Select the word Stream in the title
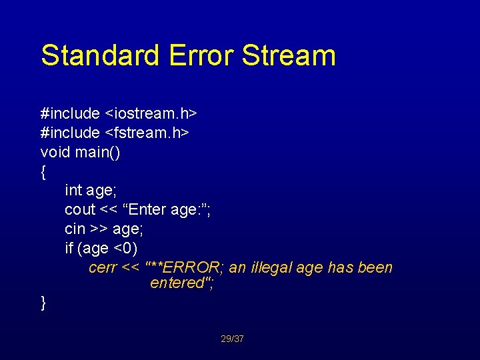point(289,55)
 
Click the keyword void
point(55,152)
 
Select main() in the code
point(97,152)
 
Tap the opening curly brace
point(43,172)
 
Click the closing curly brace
point(43,302)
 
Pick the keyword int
point(73,191)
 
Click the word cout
point(80,210)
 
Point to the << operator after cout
point(110,210)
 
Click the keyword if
point(69,249)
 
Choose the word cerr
point(103,268)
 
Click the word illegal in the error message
point(271,268)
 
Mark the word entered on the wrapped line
point(176,283)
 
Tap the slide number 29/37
point(232,339)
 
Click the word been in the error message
point(375,268)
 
